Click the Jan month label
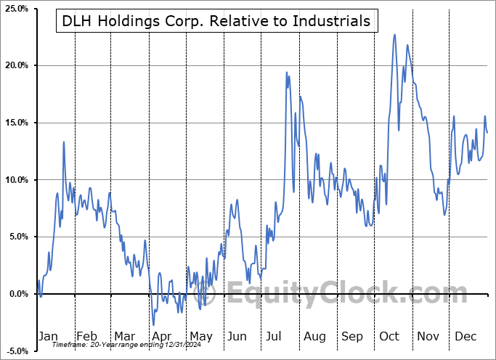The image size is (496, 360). [48, 336]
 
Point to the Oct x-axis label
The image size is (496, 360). [389, 336]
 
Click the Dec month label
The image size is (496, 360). [465, 336]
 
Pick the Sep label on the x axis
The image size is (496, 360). [352, 336]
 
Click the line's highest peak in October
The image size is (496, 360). [394, 34]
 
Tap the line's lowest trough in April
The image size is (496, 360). [154, 325]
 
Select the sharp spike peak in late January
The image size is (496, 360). [64, 142]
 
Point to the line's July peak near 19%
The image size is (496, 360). [287, 73]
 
